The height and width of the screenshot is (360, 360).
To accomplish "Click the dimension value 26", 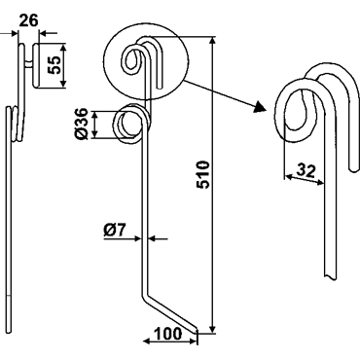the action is (x=28, y=20).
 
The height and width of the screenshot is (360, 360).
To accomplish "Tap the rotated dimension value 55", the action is (x=54, y=65).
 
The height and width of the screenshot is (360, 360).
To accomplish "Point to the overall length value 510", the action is (x=203, y=174).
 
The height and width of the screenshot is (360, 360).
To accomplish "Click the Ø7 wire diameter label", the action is (x=115, y=231).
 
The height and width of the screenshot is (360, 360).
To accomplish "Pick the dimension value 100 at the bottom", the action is (x=167, y=334).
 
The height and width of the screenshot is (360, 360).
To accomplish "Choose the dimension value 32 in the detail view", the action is (x=306, y=171).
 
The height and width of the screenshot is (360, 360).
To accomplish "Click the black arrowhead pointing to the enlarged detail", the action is (x=260, y=107).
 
